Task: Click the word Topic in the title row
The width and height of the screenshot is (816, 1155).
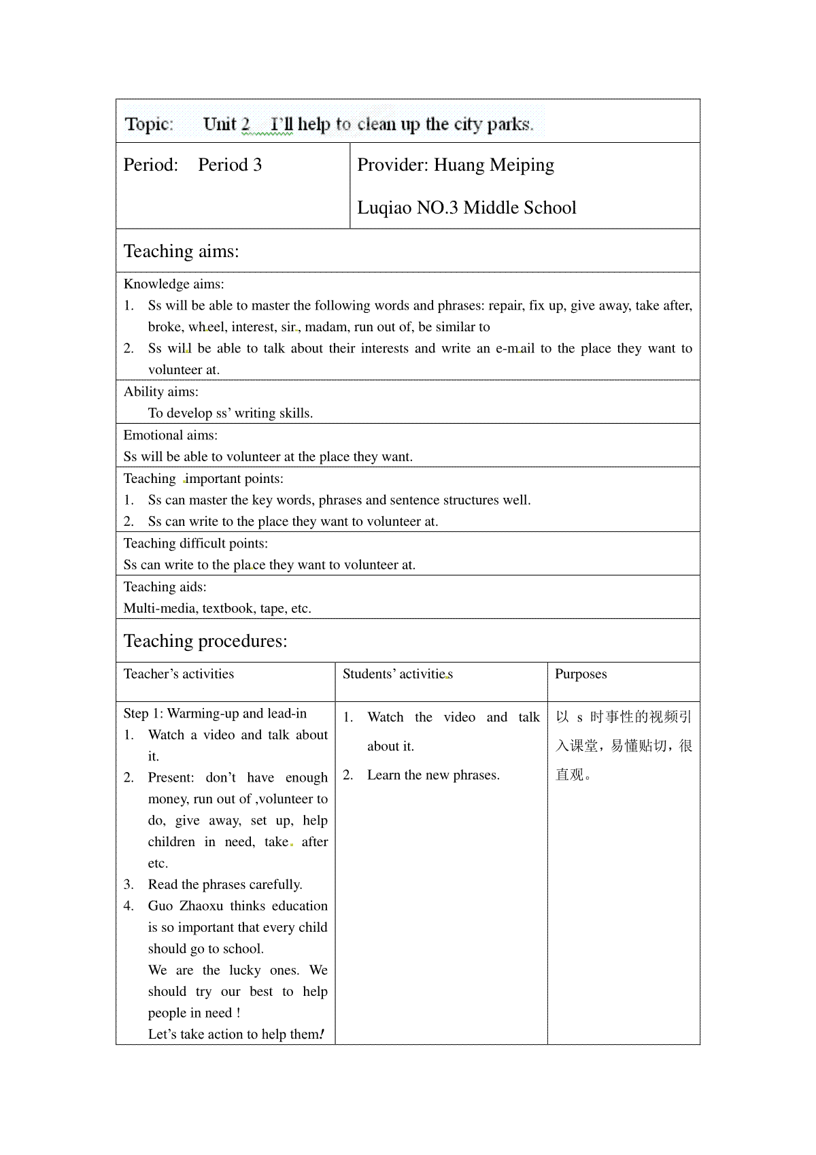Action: (x=149, y=124)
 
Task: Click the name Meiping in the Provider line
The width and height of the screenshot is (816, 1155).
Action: (x=523, y=165)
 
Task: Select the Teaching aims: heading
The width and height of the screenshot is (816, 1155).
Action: (x=181, y=251)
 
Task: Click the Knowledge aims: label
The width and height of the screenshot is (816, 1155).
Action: (x=173, y=284)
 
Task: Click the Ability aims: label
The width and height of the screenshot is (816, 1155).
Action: (x=161, y=391)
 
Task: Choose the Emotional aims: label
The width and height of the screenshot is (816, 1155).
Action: (x=171, y=435)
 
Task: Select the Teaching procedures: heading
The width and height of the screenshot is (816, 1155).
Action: (x=205, y=641)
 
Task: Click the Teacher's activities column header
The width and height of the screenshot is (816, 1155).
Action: (x=179, y=673)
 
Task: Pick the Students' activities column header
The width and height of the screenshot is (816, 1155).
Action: (x=397, y=673)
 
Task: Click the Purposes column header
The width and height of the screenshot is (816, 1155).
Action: (x=581, y=673)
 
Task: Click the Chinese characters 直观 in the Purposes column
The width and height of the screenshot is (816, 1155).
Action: (x=570, y=775)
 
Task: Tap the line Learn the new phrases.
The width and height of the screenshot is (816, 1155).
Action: (x=433, y=775)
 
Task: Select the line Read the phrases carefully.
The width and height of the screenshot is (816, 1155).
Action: (x=225, y=884)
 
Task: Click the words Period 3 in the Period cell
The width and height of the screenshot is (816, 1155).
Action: (x=230, y=165)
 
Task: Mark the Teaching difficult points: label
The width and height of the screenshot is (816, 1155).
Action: (x=196, y=543)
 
